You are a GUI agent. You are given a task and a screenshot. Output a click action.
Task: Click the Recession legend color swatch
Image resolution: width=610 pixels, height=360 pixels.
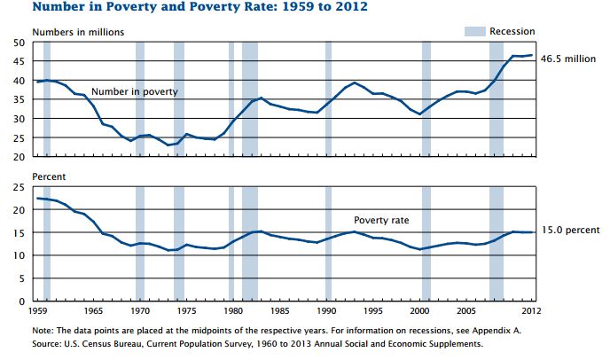pyautogui.click(x=475, y=32)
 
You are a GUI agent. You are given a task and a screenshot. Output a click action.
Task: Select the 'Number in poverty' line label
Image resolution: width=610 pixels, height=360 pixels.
pyautogui.click(x=134, y=91)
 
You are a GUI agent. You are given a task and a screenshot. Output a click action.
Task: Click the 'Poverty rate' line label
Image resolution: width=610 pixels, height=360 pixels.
pyautogui.click(x=381, y=220)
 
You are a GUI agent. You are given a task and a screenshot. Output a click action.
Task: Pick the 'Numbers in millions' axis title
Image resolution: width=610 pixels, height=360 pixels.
pyautogui.click(x=78, y=32)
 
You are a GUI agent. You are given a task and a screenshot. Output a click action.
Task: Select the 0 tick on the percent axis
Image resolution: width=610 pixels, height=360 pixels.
pyautogui.click(x=22, y=301)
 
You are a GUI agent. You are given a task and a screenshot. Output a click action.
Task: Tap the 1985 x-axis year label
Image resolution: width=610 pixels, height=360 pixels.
pyautogui.click(x=281, y=313)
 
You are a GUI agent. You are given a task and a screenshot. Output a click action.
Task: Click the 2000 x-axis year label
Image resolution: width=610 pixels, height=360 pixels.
pyautogui.click(x=424, y=313)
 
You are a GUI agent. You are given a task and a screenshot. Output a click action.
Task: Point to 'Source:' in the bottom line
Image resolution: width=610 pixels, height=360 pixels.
pyautogui.click(x=50, y=343)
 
